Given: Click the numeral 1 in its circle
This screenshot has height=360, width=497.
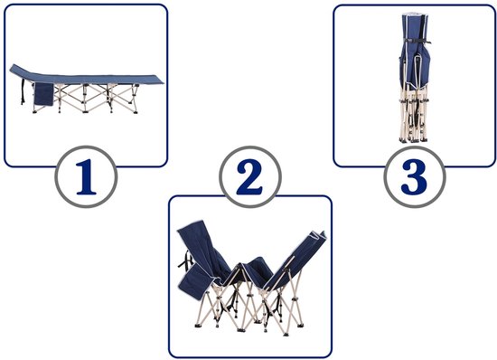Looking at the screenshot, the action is pyautogui.click(x=86, y=177).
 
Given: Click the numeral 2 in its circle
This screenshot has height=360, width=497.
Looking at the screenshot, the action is pyautogui.click(x=250, y=176).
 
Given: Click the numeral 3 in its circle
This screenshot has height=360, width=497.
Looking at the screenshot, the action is pyautogui.click(x=414, y=176).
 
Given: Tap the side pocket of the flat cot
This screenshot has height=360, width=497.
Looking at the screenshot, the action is pyautogui.click(x=43, y=94).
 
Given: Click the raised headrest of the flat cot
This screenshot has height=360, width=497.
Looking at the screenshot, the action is pyautogui.click(x=20, y=72).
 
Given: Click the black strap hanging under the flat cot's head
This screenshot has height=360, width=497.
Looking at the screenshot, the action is pyautogui.click(x=23, y=91).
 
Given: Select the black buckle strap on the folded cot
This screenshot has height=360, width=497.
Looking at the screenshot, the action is pyautogui.click(x=414, y=41).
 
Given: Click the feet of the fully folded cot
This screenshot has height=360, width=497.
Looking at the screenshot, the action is pyautogui.click(x=414, y=139).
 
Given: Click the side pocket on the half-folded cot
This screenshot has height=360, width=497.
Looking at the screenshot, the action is pyautogui.click(x=195, y=281).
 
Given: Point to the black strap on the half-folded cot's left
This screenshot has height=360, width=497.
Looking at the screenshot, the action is pyautogui.click(x=186, y=260).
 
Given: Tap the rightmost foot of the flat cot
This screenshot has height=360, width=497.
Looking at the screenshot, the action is pyautogui.click(x=136, y=111).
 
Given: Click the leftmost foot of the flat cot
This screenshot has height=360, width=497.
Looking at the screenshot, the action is pyautogui.click(x=34, y=111).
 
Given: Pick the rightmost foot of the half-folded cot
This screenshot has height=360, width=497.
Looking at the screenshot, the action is pyautogui.click(x=299, y=325).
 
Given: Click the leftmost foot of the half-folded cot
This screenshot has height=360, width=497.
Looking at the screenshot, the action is pyautogui.click(x=198, y=325).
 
